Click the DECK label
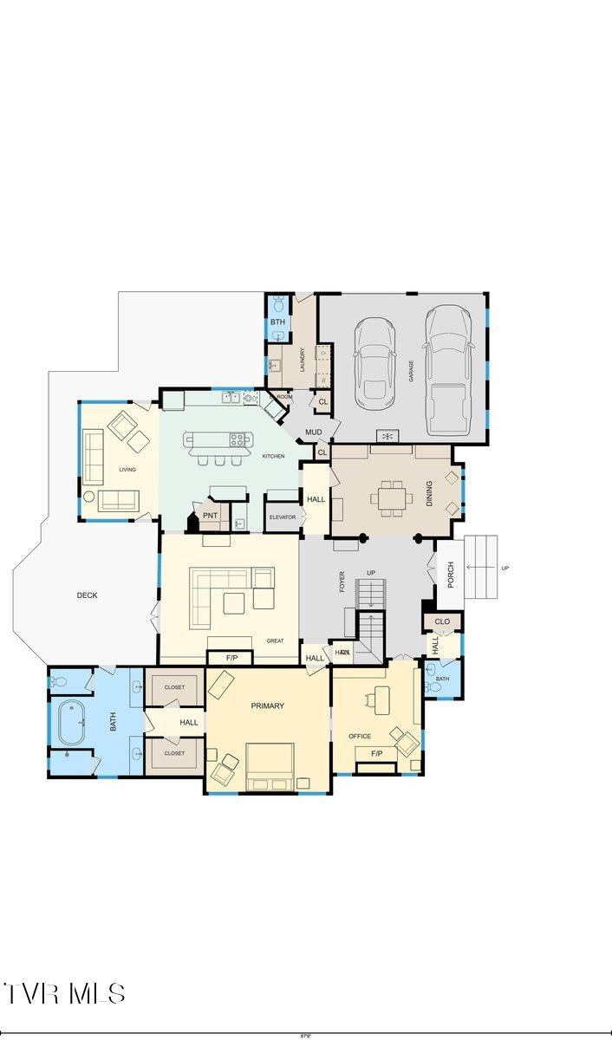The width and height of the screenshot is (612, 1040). (87, 595)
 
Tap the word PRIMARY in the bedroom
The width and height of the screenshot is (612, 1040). (267, 706)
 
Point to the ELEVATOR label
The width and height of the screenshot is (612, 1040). (282, 517)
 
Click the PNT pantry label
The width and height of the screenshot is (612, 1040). (210, 516)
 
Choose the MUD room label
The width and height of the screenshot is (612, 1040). (313, 432)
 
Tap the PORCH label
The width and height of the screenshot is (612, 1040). (450, 575)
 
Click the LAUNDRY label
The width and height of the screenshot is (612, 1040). (302, 359)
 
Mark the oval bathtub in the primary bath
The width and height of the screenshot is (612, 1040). (71, 722)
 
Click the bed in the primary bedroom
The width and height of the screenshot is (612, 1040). (269, 767)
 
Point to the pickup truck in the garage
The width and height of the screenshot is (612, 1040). (447, 370)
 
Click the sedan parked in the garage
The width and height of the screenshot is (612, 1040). (376, 362)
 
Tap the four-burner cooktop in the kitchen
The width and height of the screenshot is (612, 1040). (240, 439)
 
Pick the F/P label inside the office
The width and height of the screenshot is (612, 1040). (377, 754)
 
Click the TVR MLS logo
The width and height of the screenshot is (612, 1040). (65, 993)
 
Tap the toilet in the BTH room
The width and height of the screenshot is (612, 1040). (277, 304)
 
